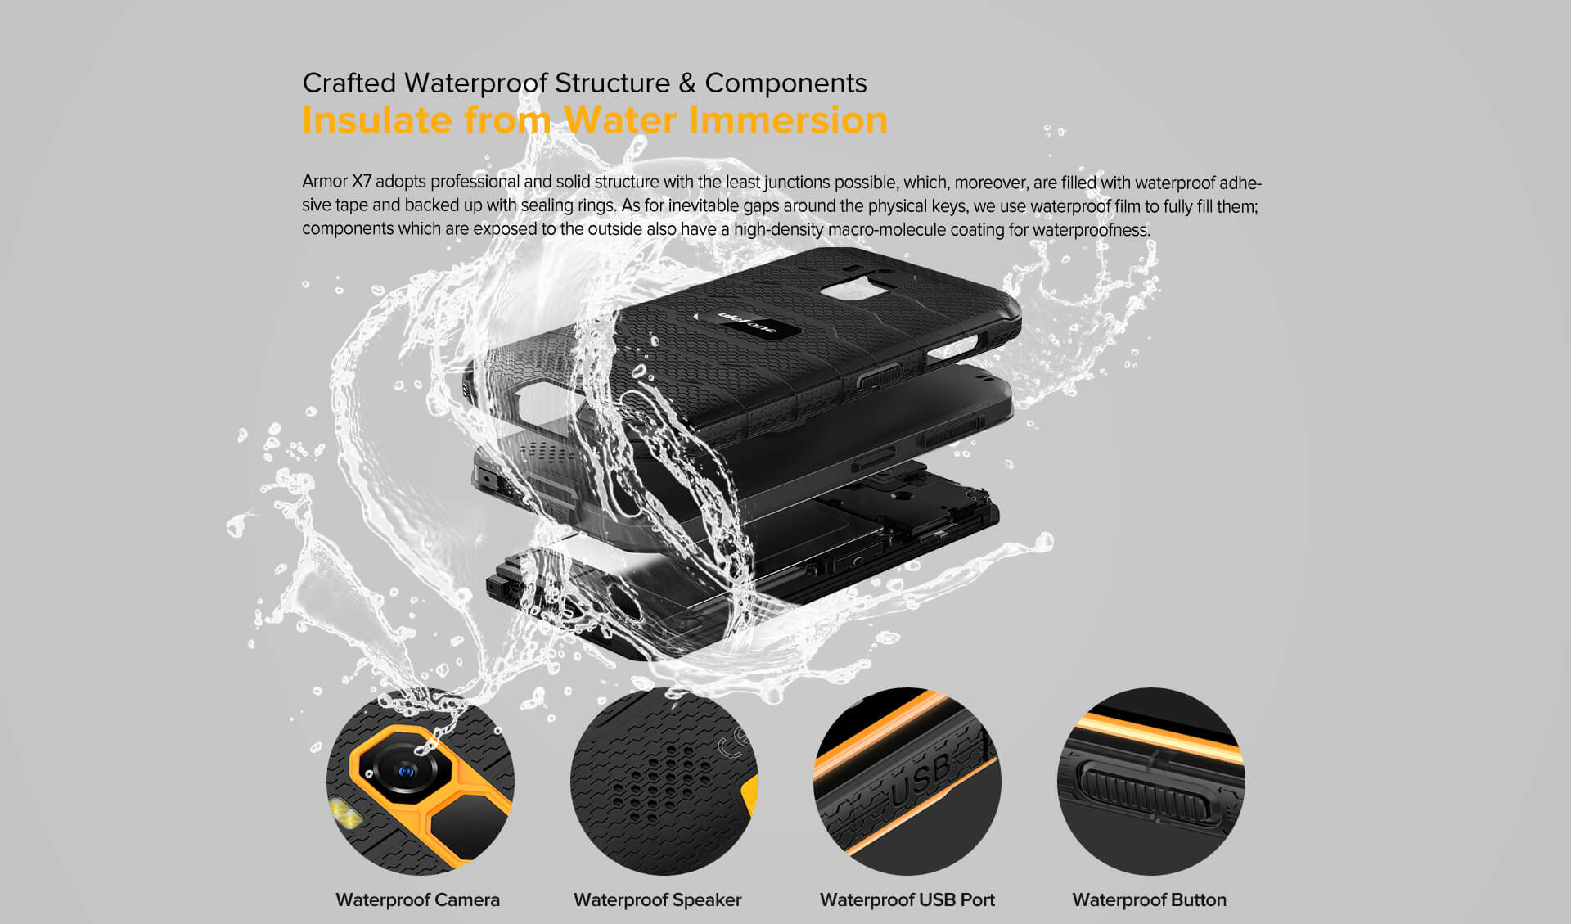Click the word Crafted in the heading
click(x=349, y=83)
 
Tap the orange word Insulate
click(x=377, y=119)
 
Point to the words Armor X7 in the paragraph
click(x=337, y=181)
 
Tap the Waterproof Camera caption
click(x=417, y=899)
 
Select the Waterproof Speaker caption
click(x=657, y=899)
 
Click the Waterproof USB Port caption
click(x=907, y=899)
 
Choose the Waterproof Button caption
click(x=1149, y=899)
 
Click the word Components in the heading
click(x=785, y=83)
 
